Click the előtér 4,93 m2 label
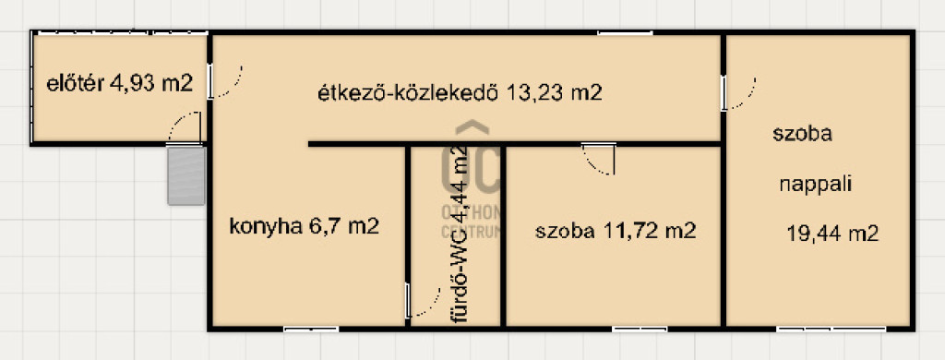[x=119, y=84]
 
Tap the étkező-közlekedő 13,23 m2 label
[x=460, y=93]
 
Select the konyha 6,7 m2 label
[x=305, y=227]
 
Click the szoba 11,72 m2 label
[x=616, y=231]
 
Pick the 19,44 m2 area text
[x=832, y=234]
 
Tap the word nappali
[x=816, y=185]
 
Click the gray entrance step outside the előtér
[x=186, y=175]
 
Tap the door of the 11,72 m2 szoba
[x=599, y=159]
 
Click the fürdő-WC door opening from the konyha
[x=423, y=301]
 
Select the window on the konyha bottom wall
[x=311, y=330]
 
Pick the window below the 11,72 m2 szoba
[x=640, y=330]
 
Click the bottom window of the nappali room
[x=831, y=330]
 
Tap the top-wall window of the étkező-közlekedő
[x=625, y=32]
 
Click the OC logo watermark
[x=472, y=156]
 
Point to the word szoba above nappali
[x=802, y=134]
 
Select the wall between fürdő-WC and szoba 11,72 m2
[x=503, y=236]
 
